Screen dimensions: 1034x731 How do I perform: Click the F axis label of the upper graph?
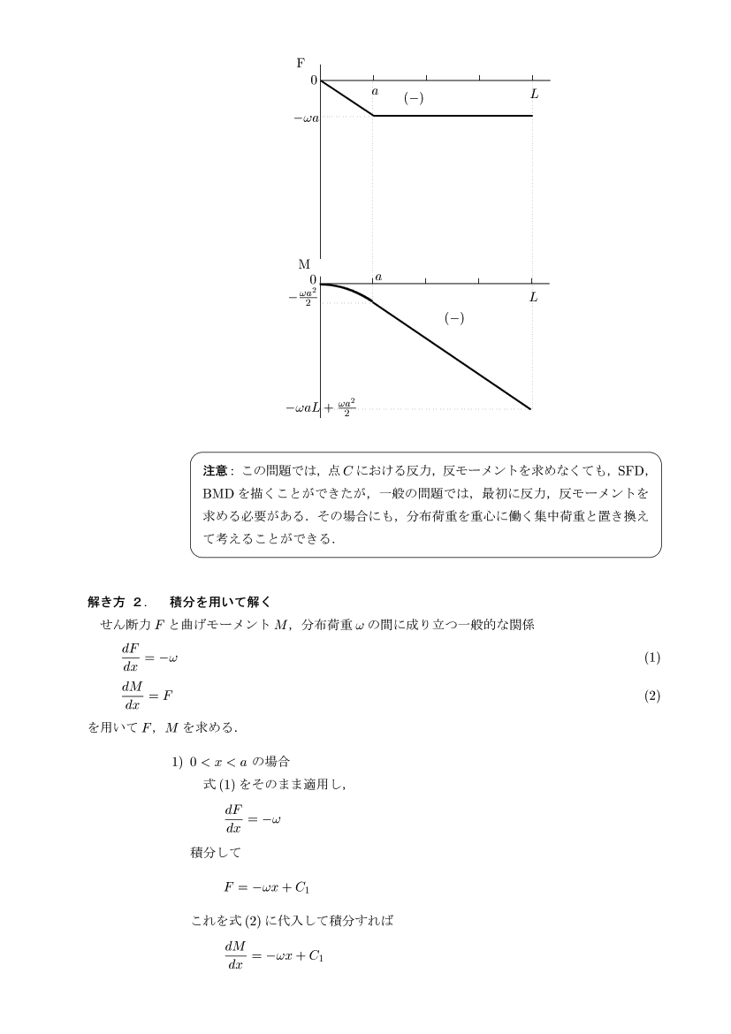(x=301, y=63)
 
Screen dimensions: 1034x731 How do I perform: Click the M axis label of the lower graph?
(x=303, y=264)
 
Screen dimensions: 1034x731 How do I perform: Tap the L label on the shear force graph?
(x=534, y=93)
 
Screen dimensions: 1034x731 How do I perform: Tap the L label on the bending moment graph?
(x=533, y=298)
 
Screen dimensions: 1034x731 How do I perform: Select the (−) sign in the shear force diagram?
(x=413, y=98)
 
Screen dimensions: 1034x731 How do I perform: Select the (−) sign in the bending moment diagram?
(x=453, y=319)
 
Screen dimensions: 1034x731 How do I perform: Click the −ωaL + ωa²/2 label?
(x=320, y=408)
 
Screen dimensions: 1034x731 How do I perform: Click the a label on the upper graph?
(x=375, y=91)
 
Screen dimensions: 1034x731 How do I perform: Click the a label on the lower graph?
(x=378, y=278)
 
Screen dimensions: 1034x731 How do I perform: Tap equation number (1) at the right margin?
(x=651, y=658)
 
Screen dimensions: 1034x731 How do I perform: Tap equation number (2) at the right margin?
(x=651, y=696)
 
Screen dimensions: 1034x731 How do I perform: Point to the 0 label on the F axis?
(x=313, y=80)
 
